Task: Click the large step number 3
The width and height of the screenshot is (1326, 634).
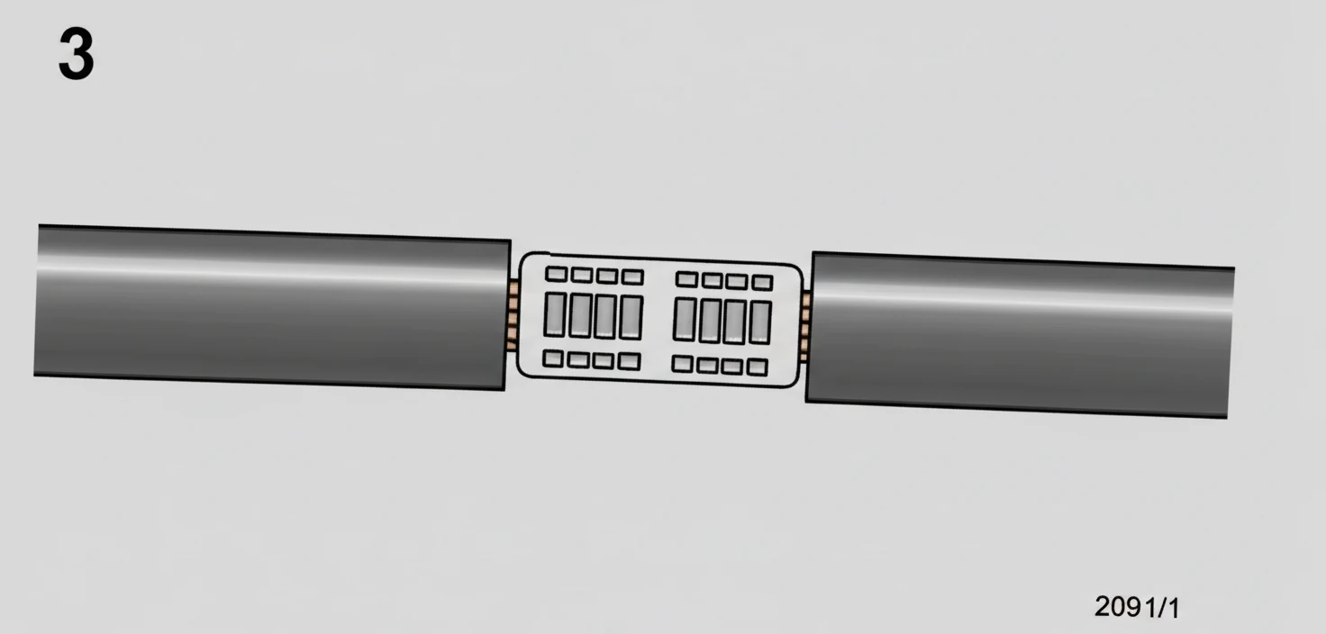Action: point(77,54)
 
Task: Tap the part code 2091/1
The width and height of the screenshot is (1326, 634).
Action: point(1137,607)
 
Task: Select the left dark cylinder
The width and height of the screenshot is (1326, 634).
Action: point(272,307)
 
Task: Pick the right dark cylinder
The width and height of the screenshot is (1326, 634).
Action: point(1020,335)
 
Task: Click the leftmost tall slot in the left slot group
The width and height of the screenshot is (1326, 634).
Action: point(555,314)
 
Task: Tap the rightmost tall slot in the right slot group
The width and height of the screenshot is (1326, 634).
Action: point(760,322)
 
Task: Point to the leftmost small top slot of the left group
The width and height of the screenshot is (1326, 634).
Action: point(557,274)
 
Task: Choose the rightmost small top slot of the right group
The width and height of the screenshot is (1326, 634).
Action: point(762,283)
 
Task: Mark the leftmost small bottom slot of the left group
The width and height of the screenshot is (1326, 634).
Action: point(553,358)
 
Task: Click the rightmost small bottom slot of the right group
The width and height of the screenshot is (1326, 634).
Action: point(757,367)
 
